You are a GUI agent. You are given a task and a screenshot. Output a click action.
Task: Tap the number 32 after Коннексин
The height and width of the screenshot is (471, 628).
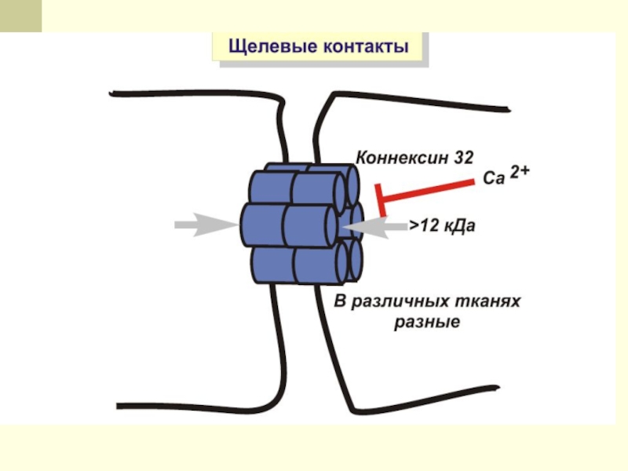click(x=463, y=157)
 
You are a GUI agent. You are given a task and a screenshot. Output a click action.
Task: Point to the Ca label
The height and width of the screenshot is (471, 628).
click(x=492, y=179)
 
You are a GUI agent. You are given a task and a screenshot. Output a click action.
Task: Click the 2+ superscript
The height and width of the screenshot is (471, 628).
click(x=520, y=173)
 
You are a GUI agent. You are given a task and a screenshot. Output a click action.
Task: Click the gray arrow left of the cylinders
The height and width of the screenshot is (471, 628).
click(x=204, y=226)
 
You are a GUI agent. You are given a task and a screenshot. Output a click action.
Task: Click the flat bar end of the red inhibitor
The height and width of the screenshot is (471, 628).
click(x=380, y=200)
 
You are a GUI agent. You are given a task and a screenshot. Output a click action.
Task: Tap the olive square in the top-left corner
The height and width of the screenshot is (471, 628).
click(x=20, y=16)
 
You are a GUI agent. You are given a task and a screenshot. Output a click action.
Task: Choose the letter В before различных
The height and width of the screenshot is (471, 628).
click(x=341, y=302)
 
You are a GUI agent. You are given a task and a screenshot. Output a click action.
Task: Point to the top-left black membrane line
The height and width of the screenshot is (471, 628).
click(x=196, y=94)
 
